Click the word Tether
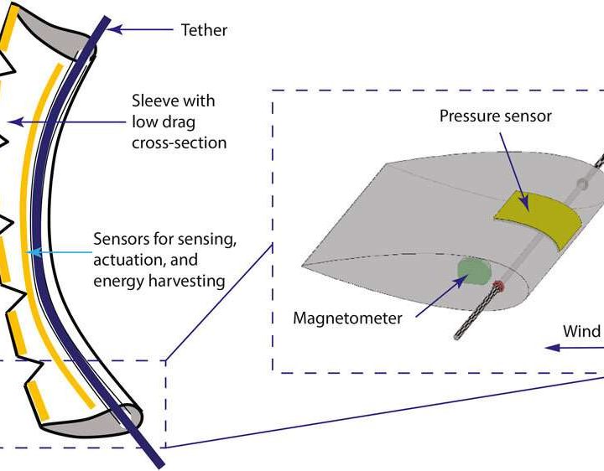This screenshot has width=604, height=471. [x=204, y=31]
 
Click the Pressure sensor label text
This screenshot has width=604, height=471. [x=496, y=116]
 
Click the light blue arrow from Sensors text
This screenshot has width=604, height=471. [x=59, y=250]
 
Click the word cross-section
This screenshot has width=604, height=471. [x=179, y=142]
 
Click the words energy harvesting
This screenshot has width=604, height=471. [x=159, y=281]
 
